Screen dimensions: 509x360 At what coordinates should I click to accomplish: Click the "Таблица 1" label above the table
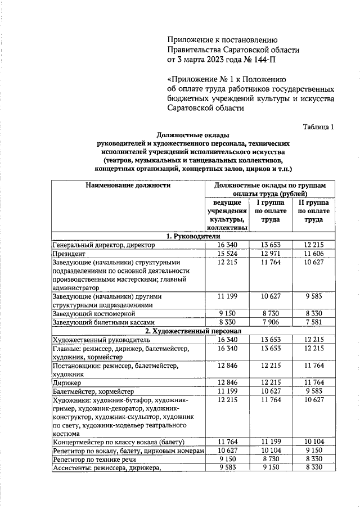point(318,127)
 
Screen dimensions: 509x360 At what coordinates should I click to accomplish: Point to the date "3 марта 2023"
point(201,58)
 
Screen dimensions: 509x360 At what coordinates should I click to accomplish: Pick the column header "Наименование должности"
point(128,184)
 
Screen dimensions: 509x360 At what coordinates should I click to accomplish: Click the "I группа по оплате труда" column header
point(270,211)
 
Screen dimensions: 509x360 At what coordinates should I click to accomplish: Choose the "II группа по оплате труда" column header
point(313,211)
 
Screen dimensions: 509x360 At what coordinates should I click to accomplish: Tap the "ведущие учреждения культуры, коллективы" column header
point(228,215)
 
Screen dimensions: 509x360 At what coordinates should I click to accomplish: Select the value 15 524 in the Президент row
point(228,254)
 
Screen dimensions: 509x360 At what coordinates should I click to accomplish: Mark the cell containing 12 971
point(270,254)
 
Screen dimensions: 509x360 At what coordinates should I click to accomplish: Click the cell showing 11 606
point(313,254)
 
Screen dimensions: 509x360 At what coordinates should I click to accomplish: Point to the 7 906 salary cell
point(270,322)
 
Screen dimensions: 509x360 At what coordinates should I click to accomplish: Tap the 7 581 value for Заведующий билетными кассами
point(313,322)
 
